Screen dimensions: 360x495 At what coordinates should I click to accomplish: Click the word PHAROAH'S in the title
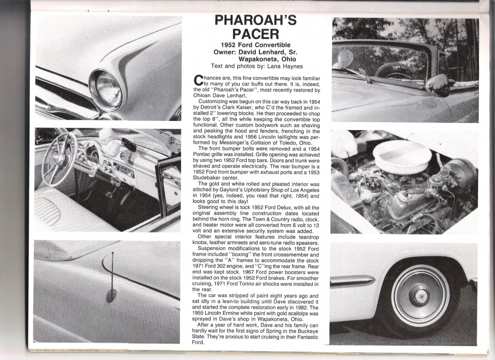[256, 19]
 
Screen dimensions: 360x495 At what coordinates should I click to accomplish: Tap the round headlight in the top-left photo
[106, 88]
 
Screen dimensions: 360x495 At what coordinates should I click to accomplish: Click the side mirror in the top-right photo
[437, 85]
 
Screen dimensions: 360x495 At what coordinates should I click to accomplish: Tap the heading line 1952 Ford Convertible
[256, 45]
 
